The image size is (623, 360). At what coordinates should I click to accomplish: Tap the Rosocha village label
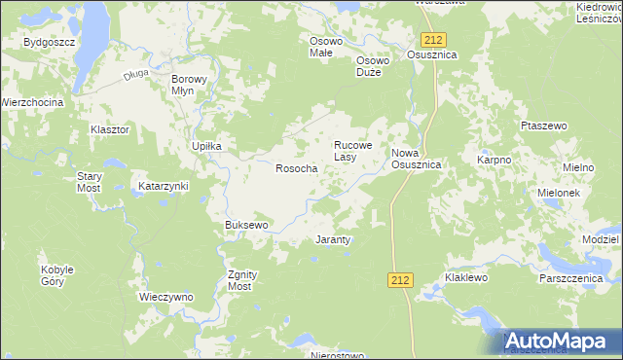297,168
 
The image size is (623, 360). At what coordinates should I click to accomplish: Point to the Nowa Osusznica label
417,160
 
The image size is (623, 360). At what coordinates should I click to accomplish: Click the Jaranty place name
334,238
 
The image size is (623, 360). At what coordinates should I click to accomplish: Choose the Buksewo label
246,225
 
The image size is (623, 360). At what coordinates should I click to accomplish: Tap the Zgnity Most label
240,280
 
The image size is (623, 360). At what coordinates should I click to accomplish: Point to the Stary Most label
90,182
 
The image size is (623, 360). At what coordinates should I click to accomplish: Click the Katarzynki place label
163,185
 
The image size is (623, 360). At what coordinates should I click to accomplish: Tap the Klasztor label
109,129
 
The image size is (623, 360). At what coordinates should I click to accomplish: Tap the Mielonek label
559,193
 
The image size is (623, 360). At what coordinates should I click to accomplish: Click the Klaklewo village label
465,277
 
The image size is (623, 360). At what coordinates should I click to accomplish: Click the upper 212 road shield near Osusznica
434,39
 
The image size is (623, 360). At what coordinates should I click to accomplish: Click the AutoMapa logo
561,341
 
